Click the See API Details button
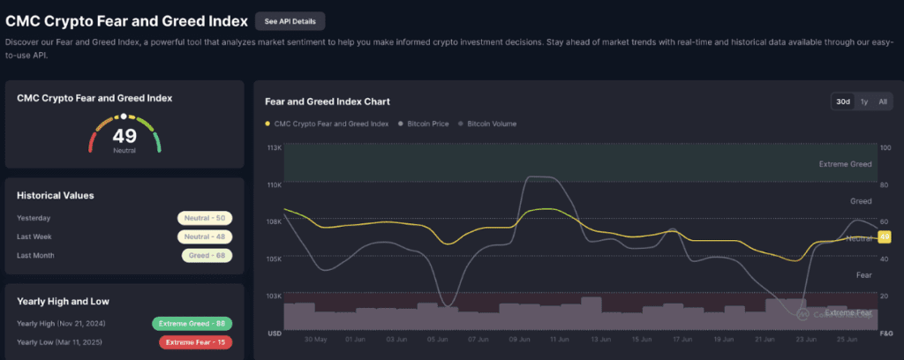tap(290, 21)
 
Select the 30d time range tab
tap(843, 102)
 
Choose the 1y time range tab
tap(864, 102)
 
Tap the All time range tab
tap(883, 102)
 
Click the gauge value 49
tap(124, 136)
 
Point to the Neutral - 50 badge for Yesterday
tap(205, 218)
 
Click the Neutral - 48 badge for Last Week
tap(205, 236)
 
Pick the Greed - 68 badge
tap(207, 255)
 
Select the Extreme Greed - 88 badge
tap(192, 324)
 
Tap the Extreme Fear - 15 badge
tap(195, 342)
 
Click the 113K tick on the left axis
tap(274, 147)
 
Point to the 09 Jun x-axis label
tap(519, 339)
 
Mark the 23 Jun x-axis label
tap(807, 339)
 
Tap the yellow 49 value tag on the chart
tap(885, 236)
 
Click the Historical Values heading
tap(56, 195)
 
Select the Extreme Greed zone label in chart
tap(845, 164)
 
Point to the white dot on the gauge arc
tap(124, 116)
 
